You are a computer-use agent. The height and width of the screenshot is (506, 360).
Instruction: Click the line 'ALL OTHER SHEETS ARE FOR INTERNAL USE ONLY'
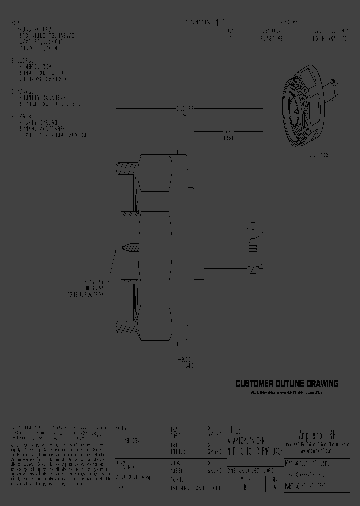[x=286, y=393]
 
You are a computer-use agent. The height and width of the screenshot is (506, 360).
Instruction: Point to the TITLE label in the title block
[x=234, y=429]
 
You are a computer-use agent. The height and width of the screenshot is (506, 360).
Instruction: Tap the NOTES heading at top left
[x=15, y=23]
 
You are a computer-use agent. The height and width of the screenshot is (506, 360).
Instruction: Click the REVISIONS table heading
[x=289, y=22]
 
